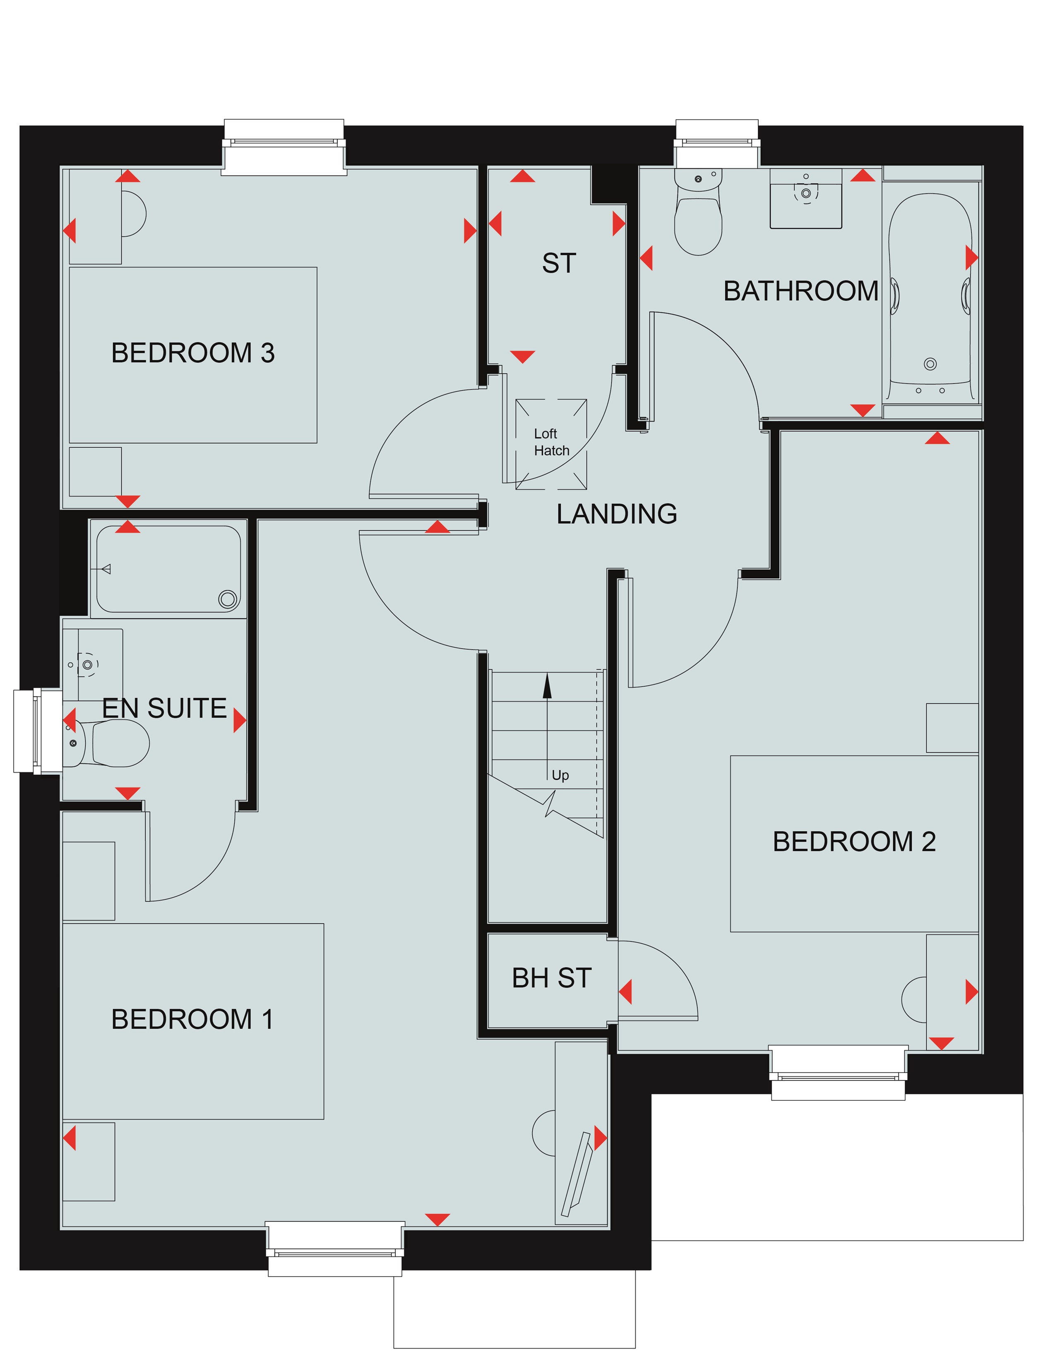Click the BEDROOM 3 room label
point(192,353)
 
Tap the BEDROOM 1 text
point(192,1019)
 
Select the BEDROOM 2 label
point(854,842)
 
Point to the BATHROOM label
point(801,291)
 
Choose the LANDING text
point(617,514)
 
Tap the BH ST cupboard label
point(551,978)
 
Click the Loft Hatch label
point(551,442)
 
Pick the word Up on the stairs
point(560,776)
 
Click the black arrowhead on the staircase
point(547,686)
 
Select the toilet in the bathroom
point(699,211)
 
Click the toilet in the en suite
point(106,743)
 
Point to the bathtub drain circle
point(930,364)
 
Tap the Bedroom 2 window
point(838,1073)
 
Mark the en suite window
point(37,731)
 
